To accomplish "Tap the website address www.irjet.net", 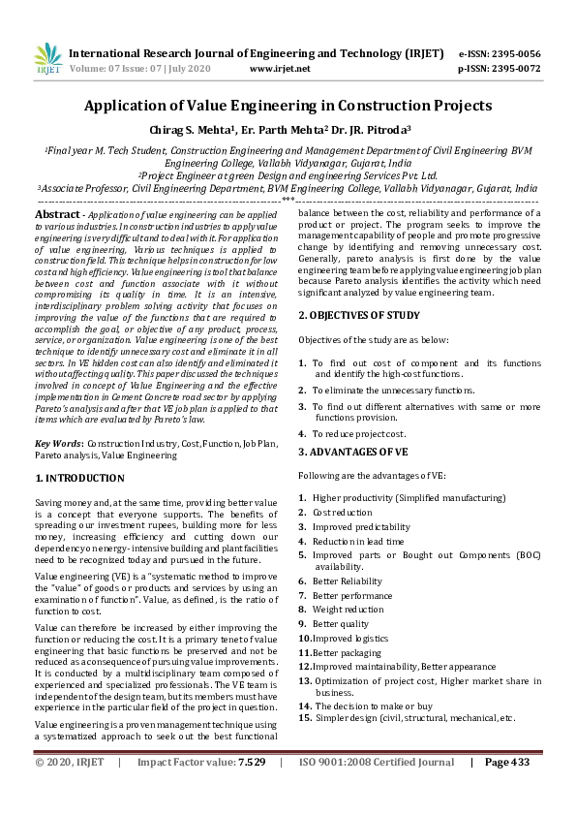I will (x=280, y=69).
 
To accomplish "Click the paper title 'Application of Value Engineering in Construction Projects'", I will (x=288, y=106).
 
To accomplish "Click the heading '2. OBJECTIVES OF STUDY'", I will (x=358, y=315).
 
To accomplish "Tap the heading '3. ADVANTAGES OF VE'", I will (x=353, y=452).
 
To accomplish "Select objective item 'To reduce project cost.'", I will (x=359, y=433).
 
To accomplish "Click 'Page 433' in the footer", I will (x=506, y=790).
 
